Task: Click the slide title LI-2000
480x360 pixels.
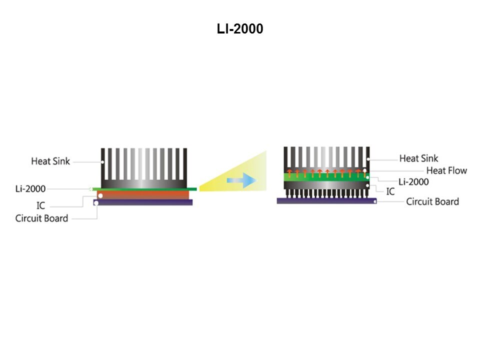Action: click(x=240, y=30)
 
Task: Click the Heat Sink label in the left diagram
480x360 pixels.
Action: click(x=50, y=161)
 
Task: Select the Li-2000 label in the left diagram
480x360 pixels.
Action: click(x=30, y=189)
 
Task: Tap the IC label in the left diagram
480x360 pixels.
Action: click(x=41, y=205)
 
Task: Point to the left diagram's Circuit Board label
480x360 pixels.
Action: click(x=41, y=218)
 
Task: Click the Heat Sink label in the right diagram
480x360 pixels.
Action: click(x=418, y=158)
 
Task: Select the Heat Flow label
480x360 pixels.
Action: click(x=446, y=170)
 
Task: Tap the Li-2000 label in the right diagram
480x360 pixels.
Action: click(x=413, y=181)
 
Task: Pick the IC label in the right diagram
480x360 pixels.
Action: click(x=390, y=191)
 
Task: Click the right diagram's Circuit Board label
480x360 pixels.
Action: click(x=432, y=202)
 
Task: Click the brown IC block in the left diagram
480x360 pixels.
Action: click(x=145, y=195)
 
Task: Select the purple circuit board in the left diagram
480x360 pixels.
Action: click(x=143, y=203)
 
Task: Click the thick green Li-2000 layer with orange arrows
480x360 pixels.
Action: click(x=325, y=176)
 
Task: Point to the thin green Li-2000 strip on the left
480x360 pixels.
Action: click(x=145, y=189)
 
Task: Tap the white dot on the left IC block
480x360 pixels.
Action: click(x=100, y=196)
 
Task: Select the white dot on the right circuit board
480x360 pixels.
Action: click(x=375, y=201)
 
